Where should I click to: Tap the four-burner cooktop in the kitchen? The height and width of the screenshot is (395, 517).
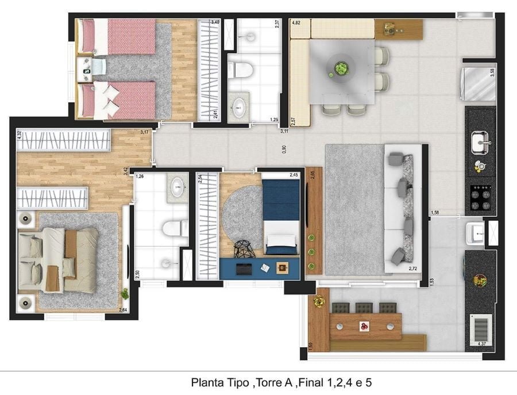click(480, 196)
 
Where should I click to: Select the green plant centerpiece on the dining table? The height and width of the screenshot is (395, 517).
click(341, 69)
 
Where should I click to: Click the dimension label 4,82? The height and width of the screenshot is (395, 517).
click(296, 24)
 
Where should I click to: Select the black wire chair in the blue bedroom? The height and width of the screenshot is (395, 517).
click(245, 248)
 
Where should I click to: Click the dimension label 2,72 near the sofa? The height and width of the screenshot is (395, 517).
click(412, 269)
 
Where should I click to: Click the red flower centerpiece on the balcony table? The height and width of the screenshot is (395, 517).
click(364, 326)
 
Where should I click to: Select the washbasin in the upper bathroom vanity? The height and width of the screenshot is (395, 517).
click(238, 106)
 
